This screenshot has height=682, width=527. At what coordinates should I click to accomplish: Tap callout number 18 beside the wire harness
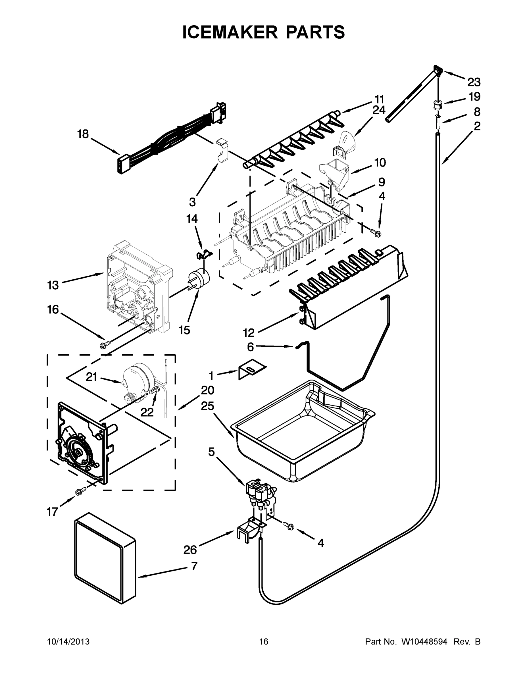[83, 135]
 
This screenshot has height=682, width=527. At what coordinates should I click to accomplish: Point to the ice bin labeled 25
[300, 434]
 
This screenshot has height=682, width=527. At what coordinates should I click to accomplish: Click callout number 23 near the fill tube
[474, 82]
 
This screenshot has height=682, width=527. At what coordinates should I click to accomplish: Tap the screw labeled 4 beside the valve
[290, 526]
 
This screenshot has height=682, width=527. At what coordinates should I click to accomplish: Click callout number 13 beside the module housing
[53, 285]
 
